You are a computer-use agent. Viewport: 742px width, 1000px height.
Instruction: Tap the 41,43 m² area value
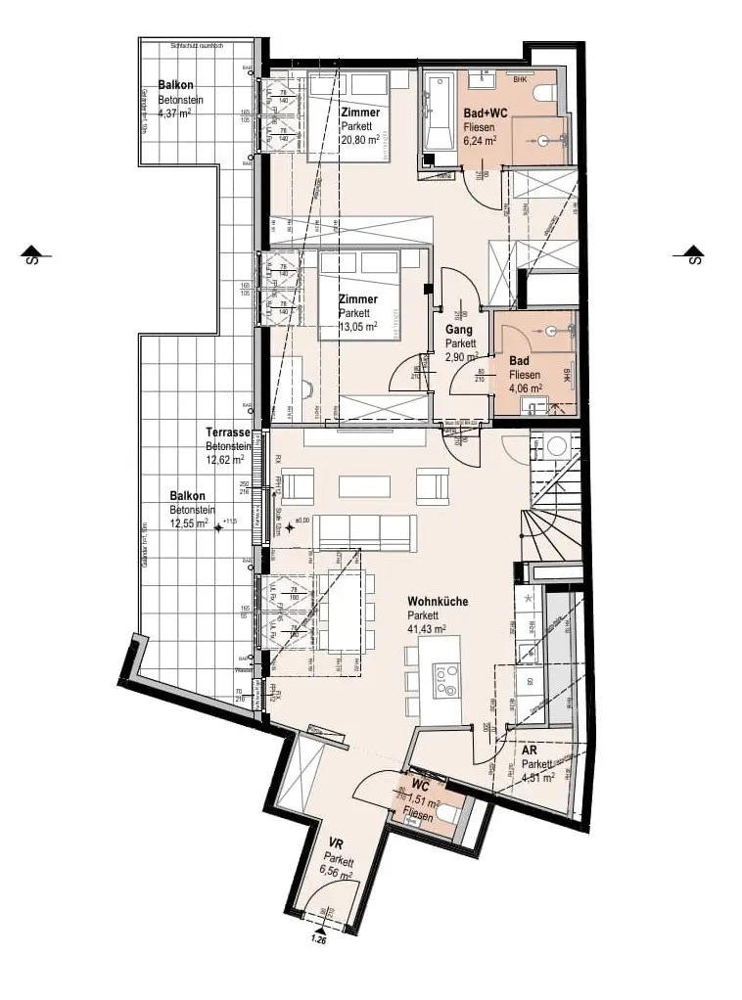click(427, 629)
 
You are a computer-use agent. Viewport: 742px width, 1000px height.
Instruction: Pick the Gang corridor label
click(459, 330)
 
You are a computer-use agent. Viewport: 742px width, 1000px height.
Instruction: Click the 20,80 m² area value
click(359, 140)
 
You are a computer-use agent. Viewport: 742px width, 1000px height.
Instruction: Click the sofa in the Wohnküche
click(364, 533)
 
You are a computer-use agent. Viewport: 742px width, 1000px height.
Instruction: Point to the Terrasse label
click(228, 432)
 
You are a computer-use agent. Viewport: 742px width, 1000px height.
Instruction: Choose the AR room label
click(529, 750)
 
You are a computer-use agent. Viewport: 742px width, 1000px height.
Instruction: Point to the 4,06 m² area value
click(525, 386)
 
